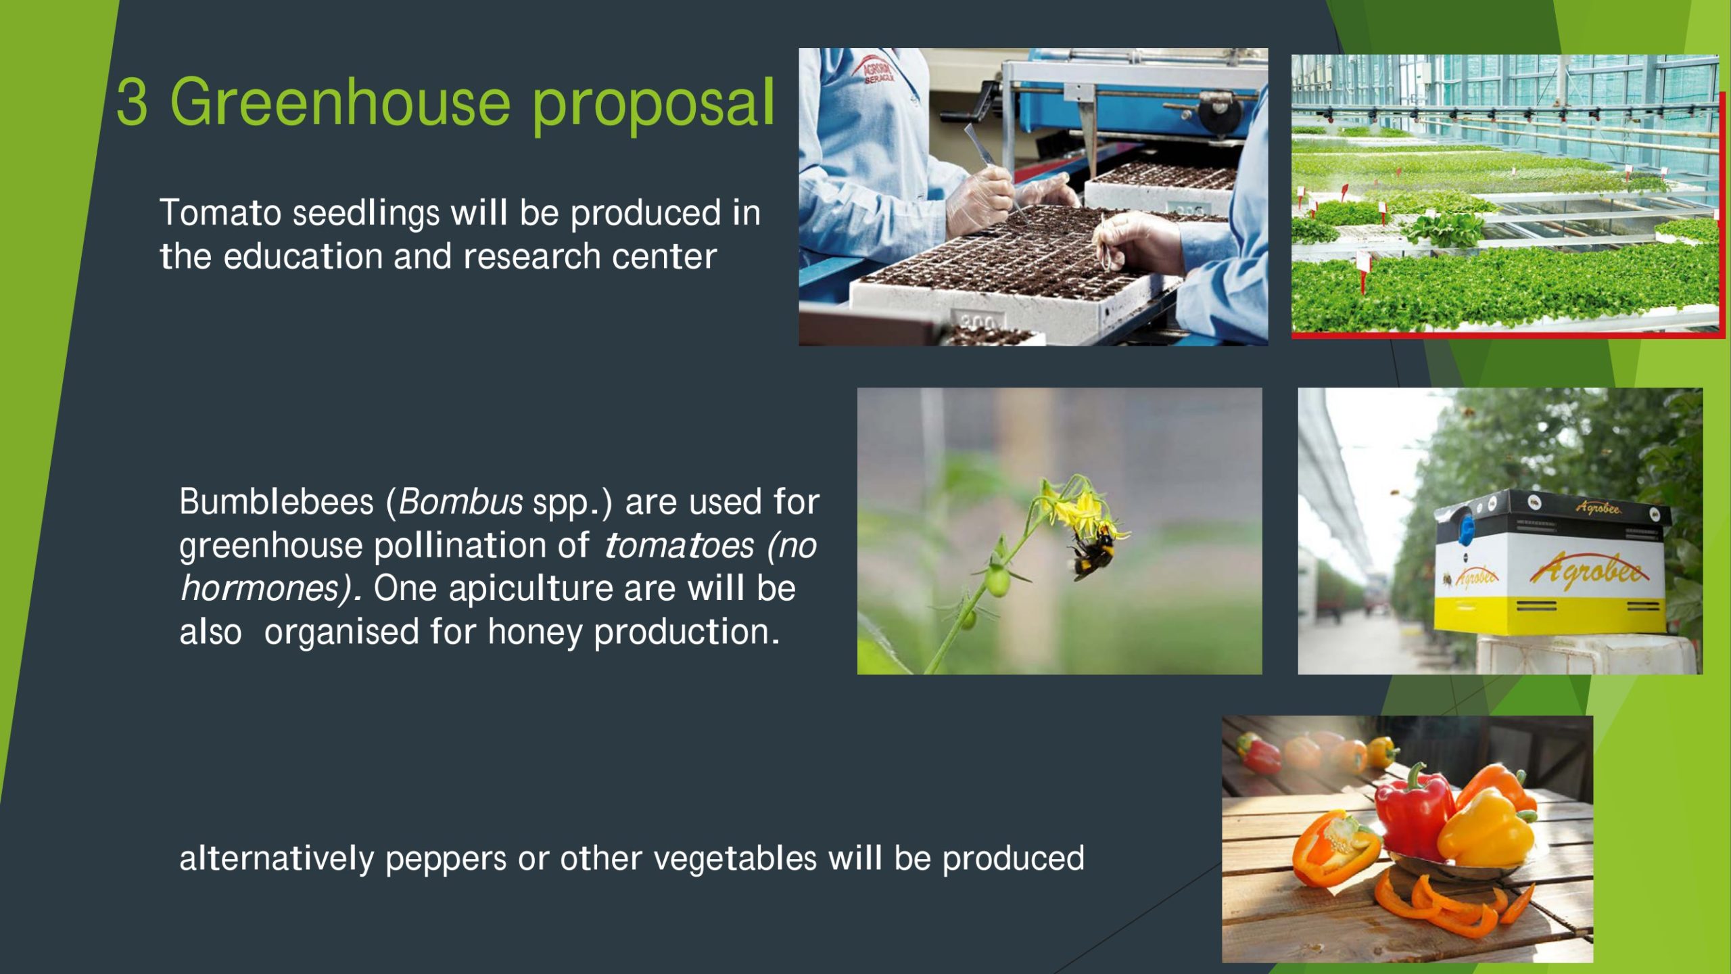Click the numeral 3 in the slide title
132,102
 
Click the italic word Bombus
460,502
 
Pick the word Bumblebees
277,502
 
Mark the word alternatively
277,859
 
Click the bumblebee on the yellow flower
1093,551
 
